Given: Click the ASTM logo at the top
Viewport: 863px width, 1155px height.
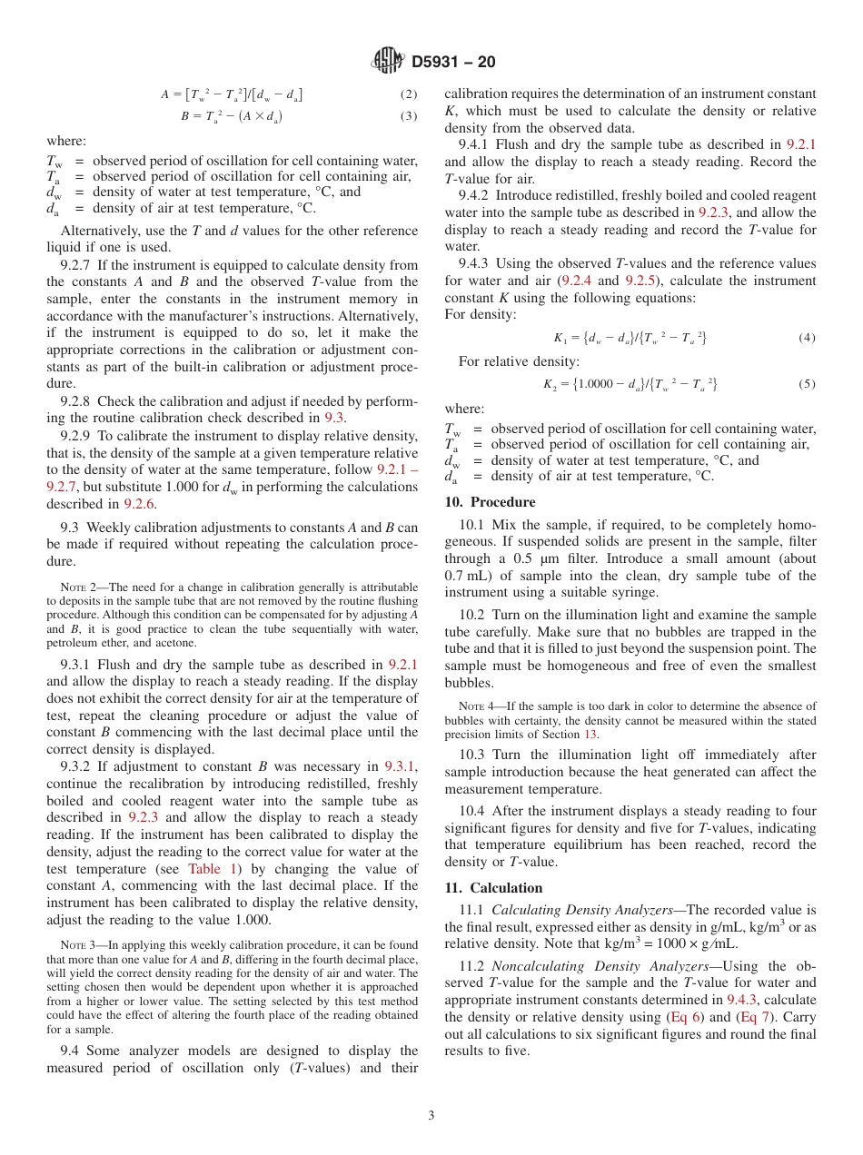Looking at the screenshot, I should [x=389, y=62].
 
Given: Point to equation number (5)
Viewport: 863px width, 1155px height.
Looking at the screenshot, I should [x=807, y=384].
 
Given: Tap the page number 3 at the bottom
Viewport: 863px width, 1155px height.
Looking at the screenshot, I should [x=431, y=1115].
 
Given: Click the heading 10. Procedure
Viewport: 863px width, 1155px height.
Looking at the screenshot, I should [x=490, y=502].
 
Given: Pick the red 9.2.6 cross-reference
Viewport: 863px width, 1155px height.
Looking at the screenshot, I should [x=140, y=504].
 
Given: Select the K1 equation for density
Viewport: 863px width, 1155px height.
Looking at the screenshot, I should [x=630, y=338].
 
